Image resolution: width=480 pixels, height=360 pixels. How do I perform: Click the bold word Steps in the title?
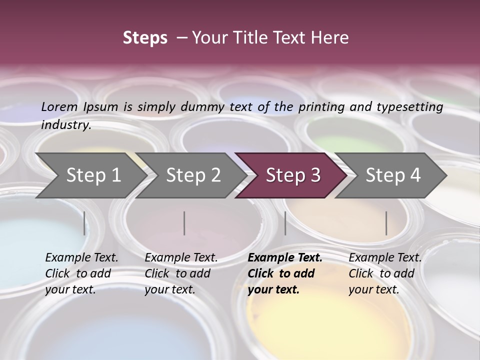[145, 38]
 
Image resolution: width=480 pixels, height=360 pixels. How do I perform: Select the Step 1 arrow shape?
[90, 175]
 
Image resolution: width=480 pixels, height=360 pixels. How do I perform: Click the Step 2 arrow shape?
[190, 175]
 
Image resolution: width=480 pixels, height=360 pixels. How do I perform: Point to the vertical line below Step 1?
[84, 223]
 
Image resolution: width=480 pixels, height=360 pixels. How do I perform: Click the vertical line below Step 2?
[184, 223]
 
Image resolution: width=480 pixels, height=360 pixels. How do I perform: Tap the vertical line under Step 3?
[285, 223]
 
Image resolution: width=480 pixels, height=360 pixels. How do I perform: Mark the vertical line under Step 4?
[386, 223]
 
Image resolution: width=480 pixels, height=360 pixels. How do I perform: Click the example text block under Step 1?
[81, 273]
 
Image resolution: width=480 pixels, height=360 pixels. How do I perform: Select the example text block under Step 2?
[181, 273]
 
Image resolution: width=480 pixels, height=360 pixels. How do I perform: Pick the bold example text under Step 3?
[284, 273]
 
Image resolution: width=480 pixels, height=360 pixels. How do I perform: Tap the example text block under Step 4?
[385, 273]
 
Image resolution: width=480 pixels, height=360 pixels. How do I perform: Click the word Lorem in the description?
[59, 107]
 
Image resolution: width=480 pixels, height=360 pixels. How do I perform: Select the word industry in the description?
[66, 124]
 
